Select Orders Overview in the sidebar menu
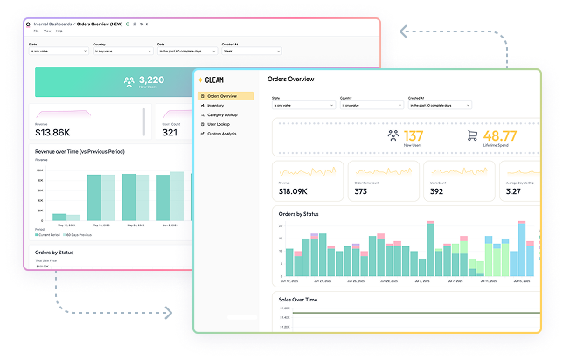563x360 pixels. pyautogui.click(x=224, y=96)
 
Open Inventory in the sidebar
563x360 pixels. pyautogui.click(x=216, y=106)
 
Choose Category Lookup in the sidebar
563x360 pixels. pyautogui.click(x=222, y=114)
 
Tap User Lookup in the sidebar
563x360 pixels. pyautogui.click(x=218, y=124)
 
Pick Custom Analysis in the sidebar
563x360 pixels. pyautogui.click(x=221, y=134)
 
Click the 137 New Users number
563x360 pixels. pyautogui.click(x=414, y=135)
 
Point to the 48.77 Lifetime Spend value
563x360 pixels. pyautogui.click(x=500, y=135)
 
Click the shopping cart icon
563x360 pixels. pyautogui.click(x=473, y=135)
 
